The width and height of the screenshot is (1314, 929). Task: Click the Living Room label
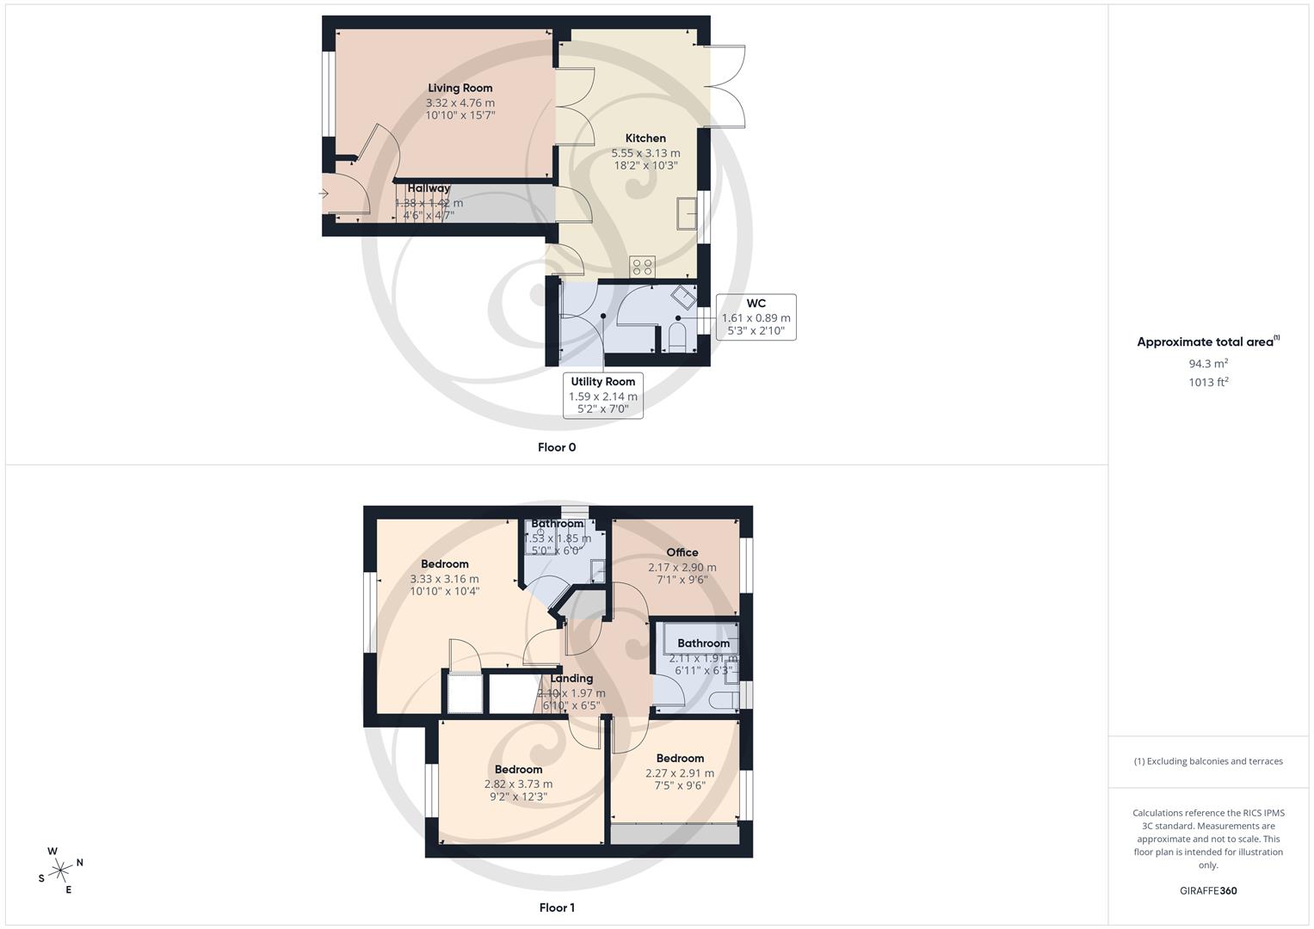(460, 88)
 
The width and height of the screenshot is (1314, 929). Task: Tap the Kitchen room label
(645, 138)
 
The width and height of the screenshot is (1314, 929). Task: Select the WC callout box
(756, 317)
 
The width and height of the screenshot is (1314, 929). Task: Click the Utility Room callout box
(602, 395)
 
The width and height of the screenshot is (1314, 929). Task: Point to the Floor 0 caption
(557, 447)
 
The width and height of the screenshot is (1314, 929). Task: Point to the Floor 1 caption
(557, 907)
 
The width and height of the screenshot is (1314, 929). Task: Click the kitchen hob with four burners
(642, 267)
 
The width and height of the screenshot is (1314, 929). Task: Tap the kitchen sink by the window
(688, 214)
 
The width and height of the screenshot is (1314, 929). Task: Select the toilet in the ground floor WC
(676, 338)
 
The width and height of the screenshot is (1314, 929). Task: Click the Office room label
(682, 552)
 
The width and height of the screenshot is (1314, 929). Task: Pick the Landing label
(571, 678)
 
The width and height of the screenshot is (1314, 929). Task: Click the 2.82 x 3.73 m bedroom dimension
(518, 784)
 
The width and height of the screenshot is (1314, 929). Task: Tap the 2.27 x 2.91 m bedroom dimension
(680, 773)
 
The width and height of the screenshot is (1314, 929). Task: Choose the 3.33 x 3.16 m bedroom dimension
(444, 579)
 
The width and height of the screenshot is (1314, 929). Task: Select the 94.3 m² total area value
(1208, 363)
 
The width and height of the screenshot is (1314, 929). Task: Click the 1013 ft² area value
(1208, 383)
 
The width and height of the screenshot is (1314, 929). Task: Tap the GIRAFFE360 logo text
(1208, 891)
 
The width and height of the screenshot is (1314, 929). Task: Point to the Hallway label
(429, 188)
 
